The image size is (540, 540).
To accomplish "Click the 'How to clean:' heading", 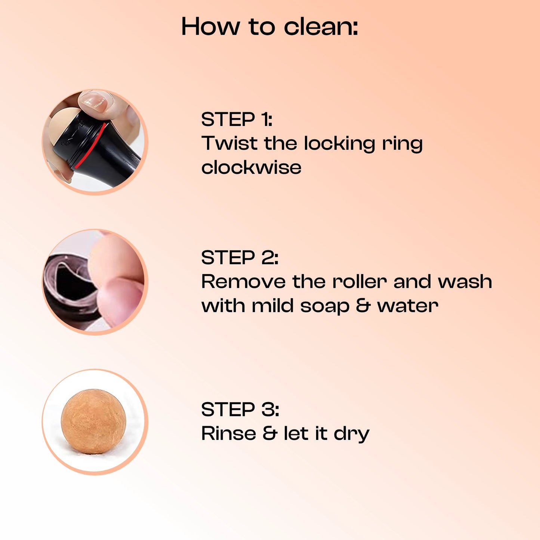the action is (x=269, y=27).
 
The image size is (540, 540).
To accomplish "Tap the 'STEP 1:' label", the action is (x=237, y=119).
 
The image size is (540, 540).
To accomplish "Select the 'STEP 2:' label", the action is (x=240, y=257).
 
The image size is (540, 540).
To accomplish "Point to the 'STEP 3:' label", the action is (x=240, y=409).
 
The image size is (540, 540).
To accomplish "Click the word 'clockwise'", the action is (x=252, y=167).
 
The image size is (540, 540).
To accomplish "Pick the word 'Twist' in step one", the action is (x=229, y=143).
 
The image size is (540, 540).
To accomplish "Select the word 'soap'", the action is (x=325, y=307).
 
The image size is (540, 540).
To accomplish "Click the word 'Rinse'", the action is (x=229, y=433).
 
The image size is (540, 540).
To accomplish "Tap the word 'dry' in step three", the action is (x=352, y=435).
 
